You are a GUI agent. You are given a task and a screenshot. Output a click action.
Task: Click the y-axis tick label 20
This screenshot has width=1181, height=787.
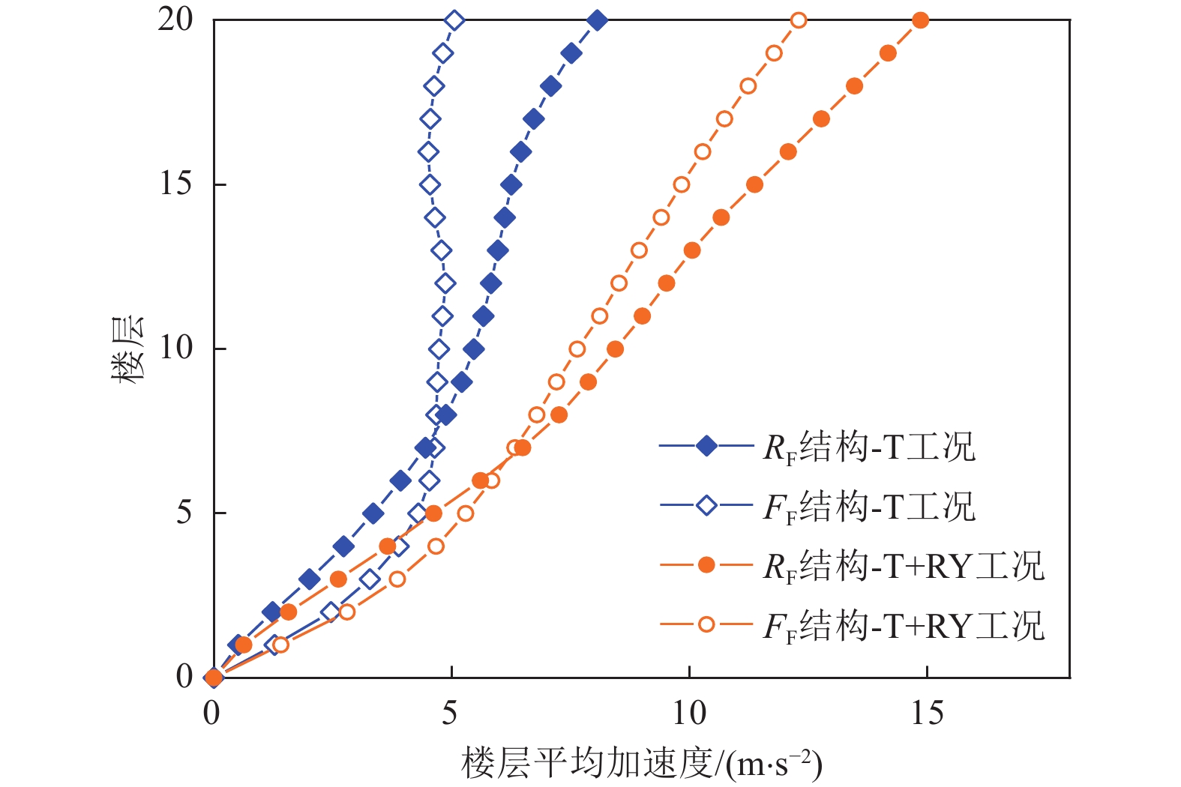point(176,20)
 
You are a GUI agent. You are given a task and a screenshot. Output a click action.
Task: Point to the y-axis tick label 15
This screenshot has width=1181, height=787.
point(176,184)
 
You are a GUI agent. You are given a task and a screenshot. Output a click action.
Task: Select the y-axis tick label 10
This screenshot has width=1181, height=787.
point(176,349)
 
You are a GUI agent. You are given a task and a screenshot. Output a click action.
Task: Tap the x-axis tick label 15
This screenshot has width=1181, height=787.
point(927,713)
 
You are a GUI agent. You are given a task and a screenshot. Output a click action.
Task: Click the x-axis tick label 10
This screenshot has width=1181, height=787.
point(688,713)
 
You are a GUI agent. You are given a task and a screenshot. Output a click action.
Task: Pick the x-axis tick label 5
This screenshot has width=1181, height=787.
point(450,713)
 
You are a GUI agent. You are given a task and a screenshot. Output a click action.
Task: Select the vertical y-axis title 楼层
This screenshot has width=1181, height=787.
point(128,349)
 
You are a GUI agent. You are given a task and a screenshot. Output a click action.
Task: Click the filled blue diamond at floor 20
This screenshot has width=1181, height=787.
point(597,20)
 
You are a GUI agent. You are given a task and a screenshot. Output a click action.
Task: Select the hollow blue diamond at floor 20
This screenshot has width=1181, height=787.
point(454,20)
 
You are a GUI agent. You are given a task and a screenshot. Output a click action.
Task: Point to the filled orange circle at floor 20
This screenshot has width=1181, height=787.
point(921,20)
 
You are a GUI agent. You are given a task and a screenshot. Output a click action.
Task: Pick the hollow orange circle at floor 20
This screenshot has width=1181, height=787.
point(799,20)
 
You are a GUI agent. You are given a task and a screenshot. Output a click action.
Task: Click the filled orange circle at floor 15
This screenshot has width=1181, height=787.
point(754,184)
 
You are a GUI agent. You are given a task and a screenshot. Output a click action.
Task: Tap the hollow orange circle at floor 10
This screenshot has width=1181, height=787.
point(577,349)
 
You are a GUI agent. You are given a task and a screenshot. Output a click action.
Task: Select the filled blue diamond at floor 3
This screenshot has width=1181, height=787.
point(309,579)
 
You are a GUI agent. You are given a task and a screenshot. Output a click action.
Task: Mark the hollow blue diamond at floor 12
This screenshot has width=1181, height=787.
point(445,283)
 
